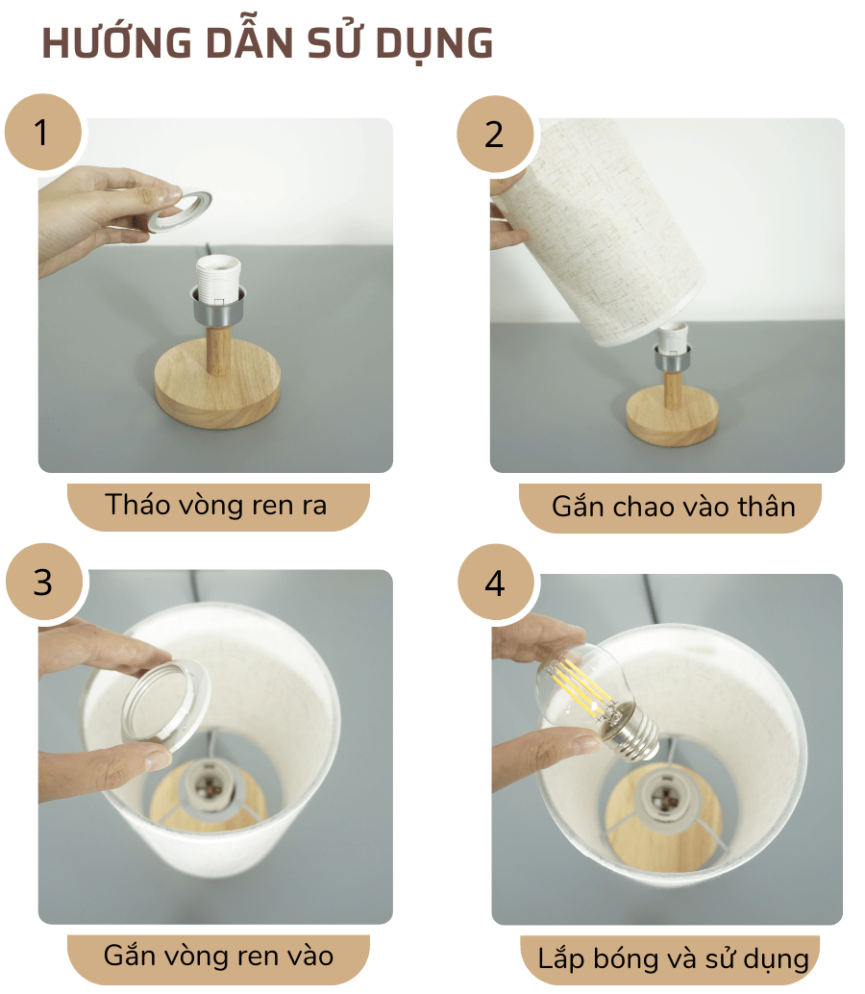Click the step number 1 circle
coord(40,132)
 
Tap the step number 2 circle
coord(494,133)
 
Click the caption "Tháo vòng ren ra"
coord(217,505)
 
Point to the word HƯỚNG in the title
coord(117,44)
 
